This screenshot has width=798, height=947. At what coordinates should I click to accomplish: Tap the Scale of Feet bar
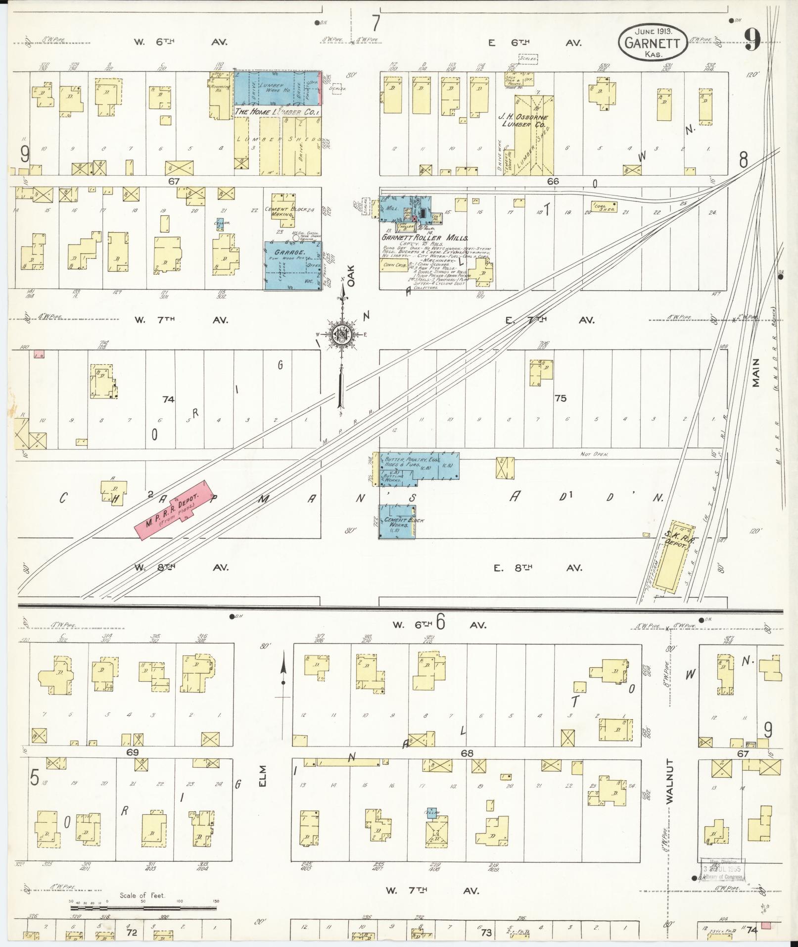coord(143,908)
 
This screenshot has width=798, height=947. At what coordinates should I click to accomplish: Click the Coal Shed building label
coord(603,208)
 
